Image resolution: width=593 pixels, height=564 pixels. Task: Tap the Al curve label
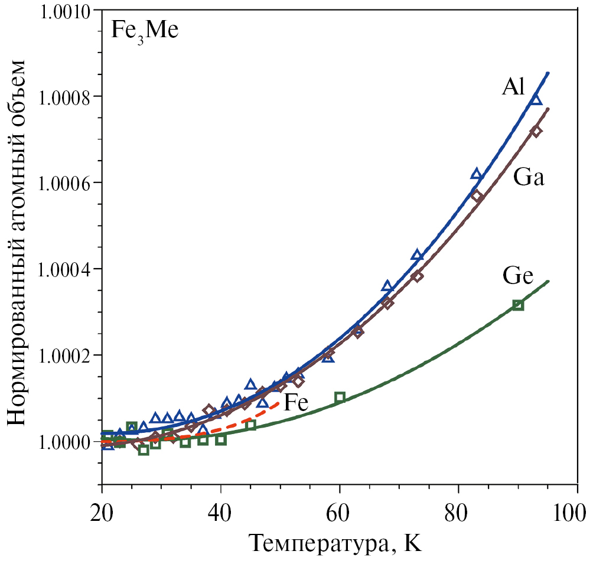click(513, 87)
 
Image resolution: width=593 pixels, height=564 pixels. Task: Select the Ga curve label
click(528, 177)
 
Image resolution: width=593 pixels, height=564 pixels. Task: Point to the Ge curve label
click(518, 275)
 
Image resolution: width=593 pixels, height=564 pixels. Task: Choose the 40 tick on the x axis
click(220, 508)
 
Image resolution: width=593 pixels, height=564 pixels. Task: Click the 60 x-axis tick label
click(340, 508)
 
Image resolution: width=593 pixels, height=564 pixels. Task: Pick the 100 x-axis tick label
click(573, 508)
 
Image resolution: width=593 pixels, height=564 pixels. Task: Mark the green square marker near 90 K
click(518, 305)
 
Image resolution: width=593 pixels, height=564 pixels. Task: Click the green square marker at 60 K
click(340, 397)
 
